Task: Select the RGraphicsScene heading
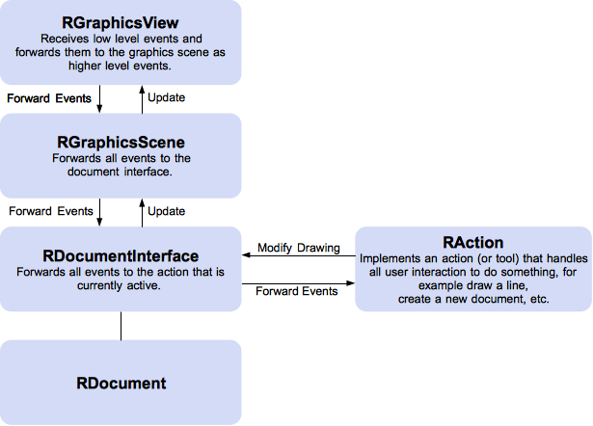point(121,142)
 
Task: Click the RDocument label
point(121,383)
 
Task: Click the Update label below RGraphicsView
point(166,97)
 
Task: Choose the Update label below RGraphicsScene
point(166,210)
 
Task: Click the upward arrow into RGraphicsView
point(143,98)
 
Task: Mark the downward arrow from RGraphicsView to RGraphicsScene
point(100,98)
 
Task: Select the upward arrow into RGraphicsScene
point(143,211)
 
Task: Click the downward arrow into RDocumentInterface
point(100,211)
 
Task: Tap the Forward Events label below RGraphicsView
point(49,97)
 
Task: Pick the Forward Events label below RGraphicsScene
point(50,210)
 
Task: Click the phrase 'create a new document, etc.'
point(472,300)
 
